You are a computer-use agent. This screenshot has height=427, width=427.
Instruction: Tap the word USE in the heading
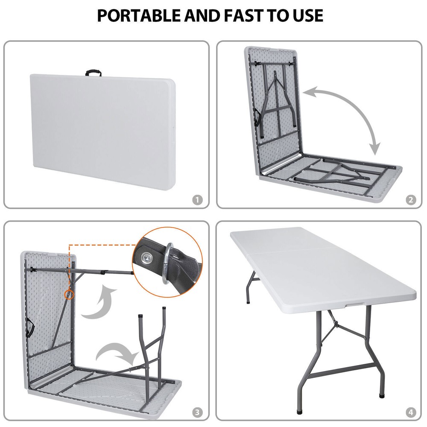pos(307,15)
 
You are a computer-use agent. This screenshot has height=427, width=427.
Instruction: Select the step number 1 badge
pos(196,199)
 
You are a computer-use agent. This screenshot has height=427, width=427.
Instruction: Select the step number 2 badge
pos(410,199)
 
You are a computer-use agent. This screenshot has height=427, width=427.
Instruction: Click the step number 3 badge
pos(196,412)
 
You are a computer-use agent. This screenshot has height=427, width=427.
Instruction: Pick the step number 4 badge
pos(410,412)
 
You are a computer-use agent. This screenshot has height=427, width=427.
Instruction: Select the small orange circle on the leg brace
pos(68,295)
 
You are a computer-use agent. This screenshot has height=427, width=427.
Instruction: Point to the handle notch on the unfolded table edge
pos(351,304)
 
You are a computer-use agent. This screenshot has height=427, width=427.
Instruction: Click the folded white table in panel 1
pos(102,128)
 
